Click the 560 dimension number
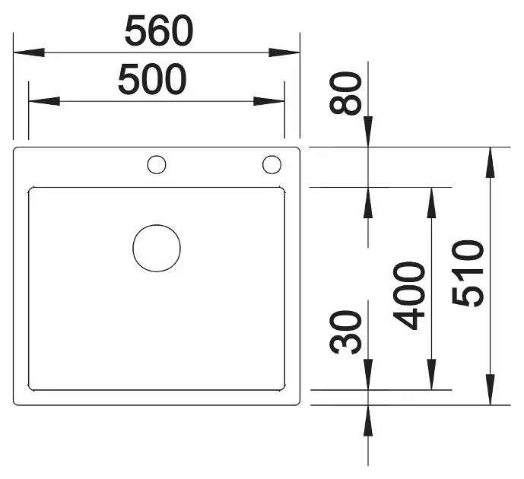pos(159,31)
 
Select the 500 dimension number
pos(152,80)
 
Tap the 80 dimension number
pos(345,94)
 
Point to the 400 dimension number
pos(409,295)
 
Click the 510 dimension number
pos(468,273)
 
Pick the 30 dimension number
pos(345,331)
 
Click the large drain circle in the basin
pos(157,248)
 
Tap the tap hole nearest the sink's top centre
pos(157,165)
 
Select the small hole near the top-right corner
pos(272,165)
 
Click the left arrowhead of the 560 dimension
pos(29,52)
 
